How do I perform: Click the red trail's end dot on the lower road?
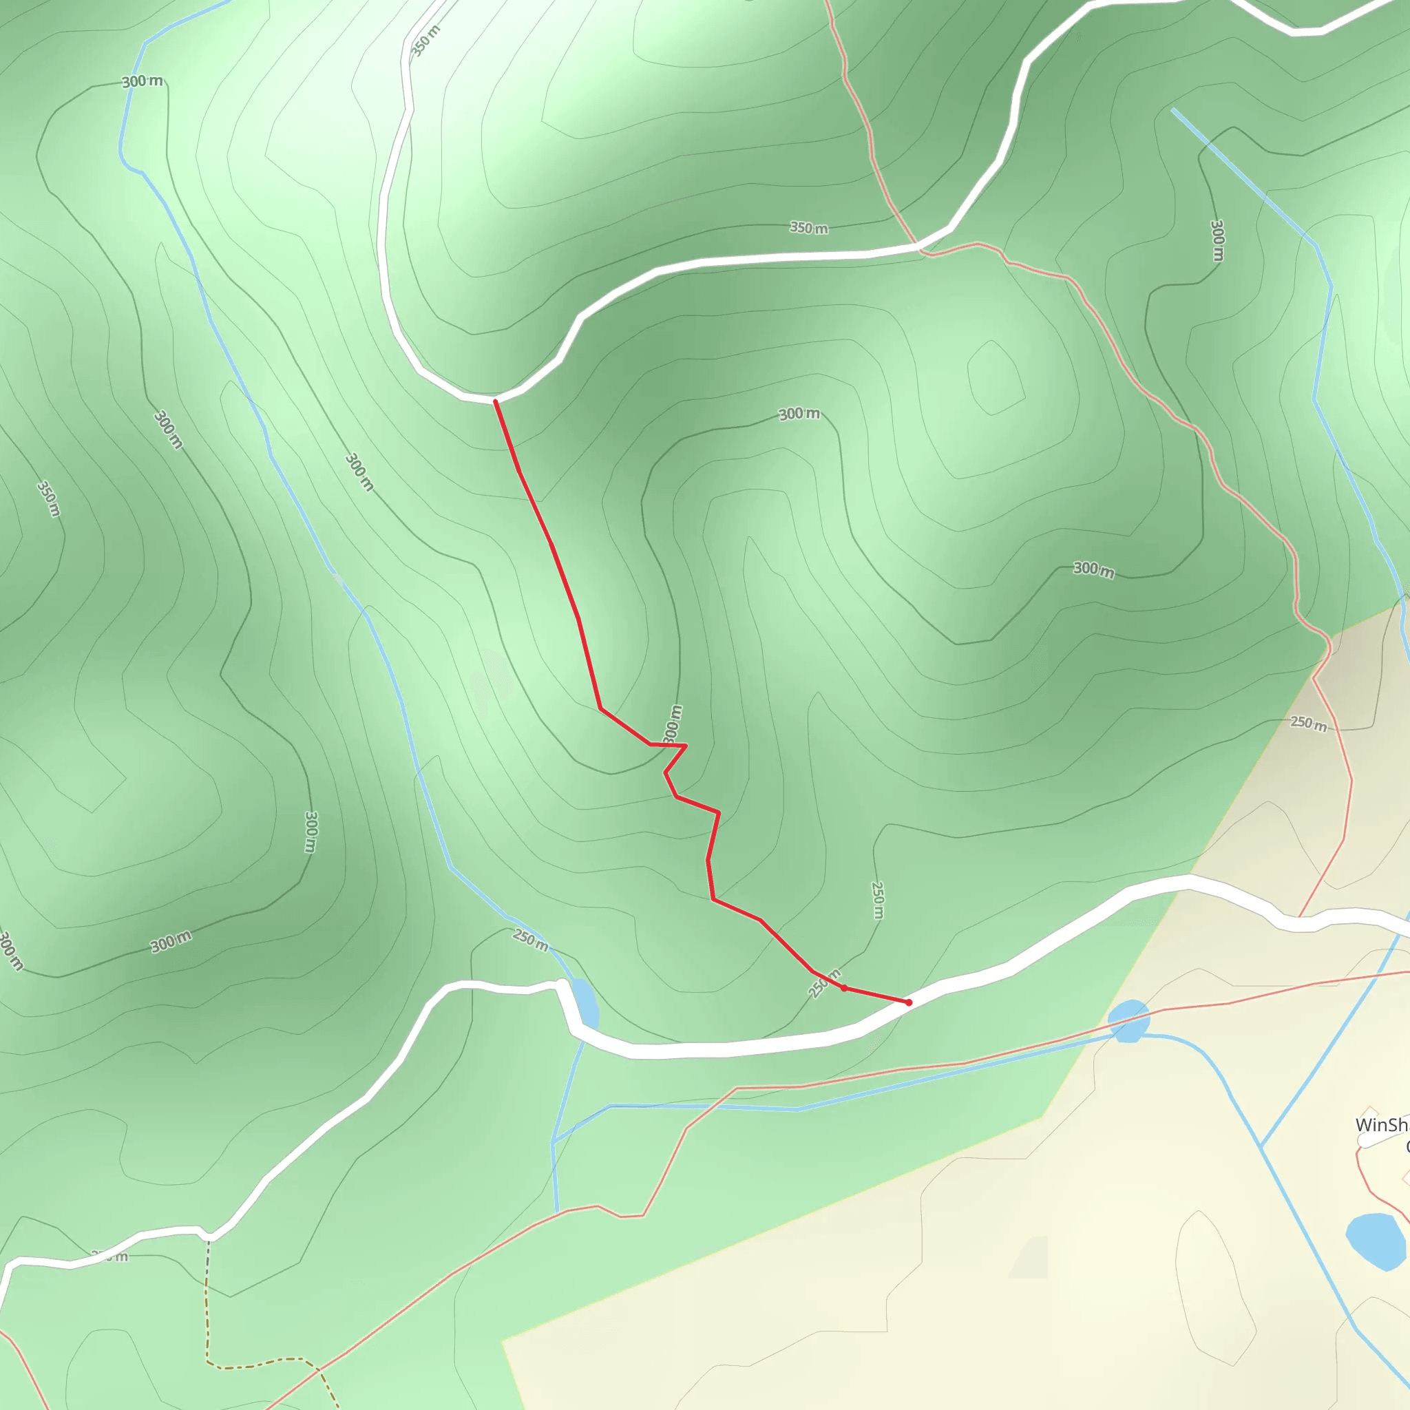[909, 1002]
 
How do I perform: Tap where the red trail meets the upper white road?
[496, 401]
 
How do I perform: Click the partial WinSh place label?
[1381, 1125]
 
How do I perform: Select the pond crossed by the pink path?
[1129, 1020]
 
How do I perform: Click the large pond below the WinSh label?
[1375, 1241]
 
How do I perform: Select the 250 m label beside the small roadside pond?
[531, 940]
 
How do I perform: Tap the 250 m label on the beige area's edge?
[1309, 724]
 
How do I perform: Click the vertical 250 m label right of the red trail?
[878, 901]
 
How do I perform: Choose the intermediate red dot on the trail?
[843, 988]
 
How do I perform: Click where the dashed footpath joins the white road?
[209, 1238]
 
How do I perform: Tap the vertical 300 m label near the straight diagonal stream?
[1217, 240]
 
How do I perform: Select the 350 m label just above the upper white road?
[809, 229]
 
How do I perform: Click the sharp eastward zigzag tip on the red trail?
[686, 746]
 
